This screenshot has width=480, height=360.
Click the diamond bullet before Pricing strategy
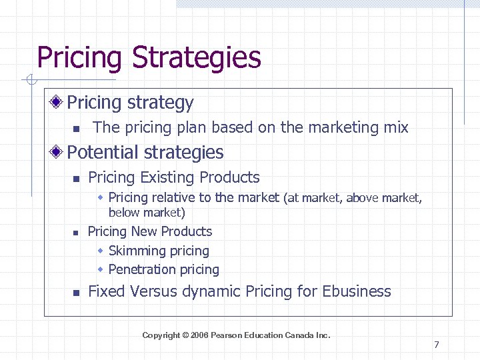pos(58,103)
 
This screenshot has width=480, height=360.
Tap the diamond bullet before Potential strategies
pos(58,153)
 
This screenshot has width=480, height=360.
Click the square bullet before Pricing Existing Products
pos(76,179)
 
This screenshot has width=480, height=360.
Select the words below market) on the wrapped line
pos(147,213)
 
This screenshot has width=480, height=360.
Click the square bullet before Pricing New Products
pos(76,233)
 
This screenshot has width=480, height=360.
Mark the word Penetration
pos(143,270)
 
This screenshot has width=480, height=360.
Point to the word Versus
pos(154,291)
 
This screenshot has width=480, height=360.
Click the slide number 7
pos(436,345)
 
